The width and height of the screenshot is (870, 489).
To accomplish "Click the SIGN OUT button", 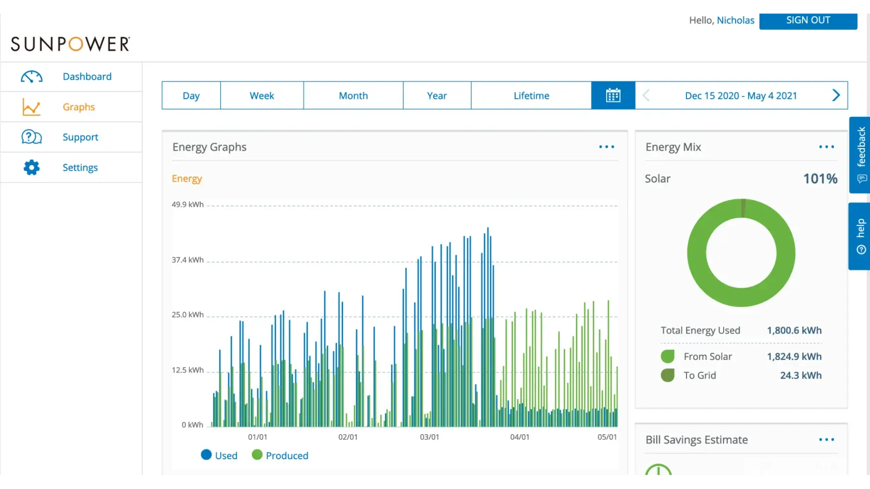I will (x=808, y=20).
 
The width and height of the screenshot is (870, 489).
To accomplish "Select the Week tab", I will (x=262, y=95).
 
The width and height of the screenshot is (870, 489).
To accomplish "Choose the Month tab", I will (x=353, y=95).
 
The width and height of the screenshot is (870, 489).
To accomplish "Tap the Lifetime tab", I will (x=531, y=95).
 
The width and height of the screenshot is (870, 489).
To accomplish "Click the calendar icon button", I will (x=613, y=95).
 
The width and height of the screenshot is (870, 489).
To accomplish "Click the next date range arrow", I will (x=836, y=95).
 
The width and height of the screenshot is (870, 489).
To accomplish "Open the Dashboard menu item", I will (x=87, y=77).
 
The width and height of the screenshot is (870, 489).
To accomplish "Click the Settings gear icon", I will (x=31, y=168).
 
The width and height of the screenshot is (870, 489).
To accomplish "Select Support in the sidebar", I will (x=80, y=137).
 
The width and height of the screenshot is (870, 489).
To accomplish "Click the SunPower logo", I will (x=70, y=44).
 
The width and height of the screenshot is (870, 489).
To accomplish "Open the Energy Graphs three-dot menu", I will (x=607, y=147).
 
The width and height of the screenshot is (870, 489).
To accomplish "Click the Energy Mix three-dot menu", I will (x=826, y=147).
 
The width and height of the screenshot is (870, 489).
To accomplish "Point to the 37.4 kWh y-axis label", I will (x=187, y=260).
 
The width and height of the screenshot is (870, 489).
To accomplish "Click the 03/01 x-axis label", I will (x=430, y=437).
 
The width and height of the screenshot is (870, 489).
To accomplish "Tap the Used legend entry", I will (x=219, y=455).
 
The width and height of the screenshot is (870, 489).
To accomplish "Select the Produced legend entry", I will (x=280, y=455).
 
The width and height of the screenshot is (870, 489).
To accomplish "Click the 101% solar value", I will (x=820, y=178).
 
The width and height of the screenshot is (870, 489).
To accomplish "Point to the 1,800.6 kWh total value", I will (x=794, y=331).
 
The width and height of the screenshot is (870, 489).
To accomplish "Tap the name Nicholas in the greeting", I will (x=735, y=20).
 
